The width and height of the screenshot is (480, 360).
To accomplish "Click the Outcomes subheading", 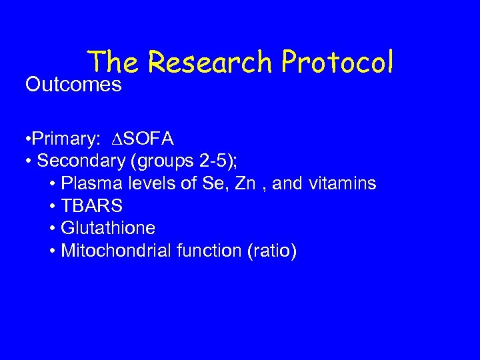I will [x=73, y=85].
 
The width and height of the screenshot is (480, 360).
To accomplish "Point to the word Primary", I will [x=64, y=139].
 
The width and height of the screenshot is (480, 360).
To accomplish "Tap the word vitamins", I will [x=342, y=183].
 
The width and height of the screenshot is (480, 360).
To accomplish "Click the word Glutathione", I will [x=108, y=229].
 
